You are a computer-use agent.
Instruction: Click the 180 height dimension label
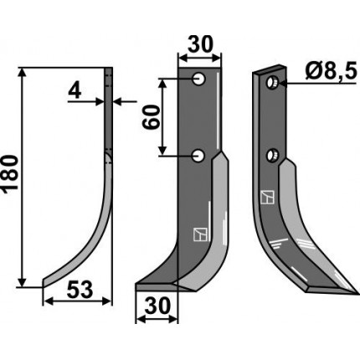[x=11, y=174]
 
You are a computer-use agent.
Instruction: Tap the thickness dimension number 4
[x=75, y=91]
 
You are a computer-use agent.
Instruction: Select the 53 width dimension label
[x=80, y=290]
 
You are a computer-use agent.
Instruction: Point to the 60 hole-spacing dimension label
[x=152, y=117]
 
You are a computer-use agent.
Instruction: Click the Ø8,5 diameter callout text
[x=331, y=71]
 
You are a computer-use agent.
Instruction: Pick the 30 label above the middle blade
[x=200, y=44]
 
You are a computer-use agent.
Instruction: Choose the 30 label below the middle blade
[x=157, y=306]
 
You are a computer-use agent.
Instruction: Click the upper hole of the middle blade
[x=199, y=79]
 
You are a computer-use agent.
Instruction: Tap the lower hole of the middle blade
[x=198, y=156]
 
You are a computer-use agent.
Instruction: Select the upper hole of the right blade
[x=271, y=82]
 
